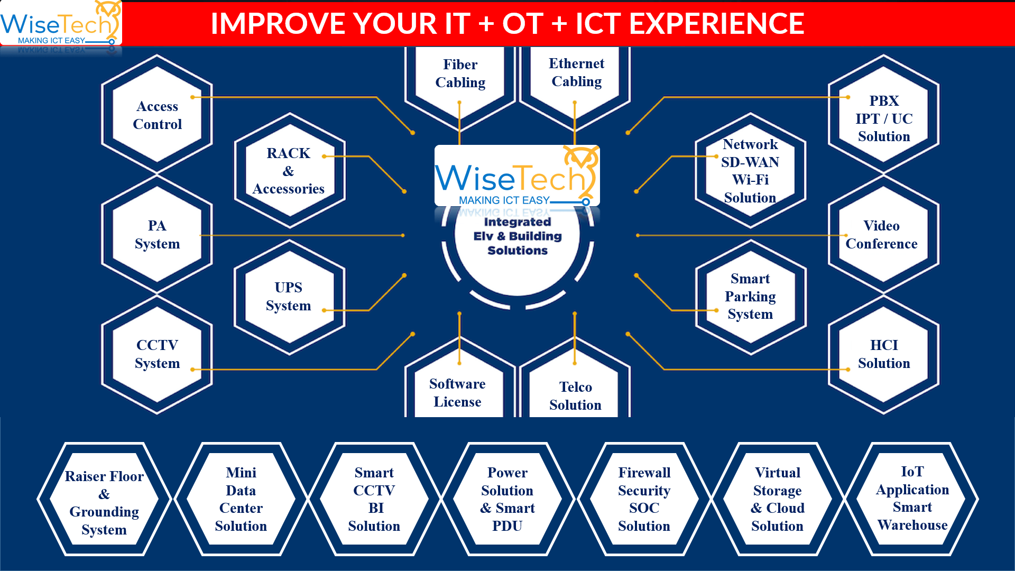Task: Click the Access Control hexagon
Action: point(157,115)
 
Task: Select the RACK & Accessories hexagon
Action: point(289,170)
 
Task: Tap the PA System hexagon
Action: point(157,234)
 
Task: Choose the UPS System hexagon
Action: point(289,296)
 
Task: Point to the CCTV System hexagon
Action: point(157,354)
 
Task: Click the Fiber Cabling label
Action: point(460,73)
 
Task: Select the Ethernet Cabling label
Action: point(576,72)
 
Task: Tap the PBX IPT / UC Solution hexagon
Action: point(884,118)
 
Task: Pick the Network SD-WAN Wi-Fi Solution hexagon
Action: point(750,170)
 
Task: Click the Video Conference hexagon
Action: point(881,234)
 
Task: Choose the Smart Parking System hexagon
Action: point(750,296)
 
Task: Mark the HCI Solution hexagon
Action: point(884,354)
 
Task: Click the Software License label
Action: point(457,392)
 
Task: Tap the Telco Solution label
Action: point(575,395)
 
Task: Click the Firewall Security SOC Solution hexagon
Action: point(644,499)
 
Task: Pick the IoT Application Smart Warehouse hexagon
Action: point(912,498)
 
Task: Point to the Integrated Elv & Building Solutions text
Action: point(518,236)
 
